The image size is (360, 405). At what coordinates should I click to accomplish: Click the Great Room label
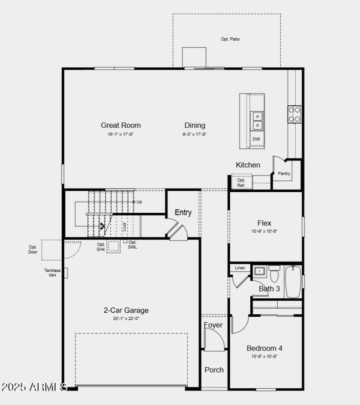(x=121, y=125)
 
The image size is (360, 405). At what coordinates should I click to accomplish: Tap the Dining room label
(x=195, y=125)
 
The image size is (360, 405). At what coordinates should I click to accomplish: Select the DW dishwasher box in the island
(x=256, y=139)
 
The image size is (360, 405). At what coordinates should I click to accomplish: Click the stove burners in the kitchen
(x=295, y=114)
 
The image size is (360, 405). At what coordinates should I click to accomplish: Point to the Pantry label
(x=284, y=173)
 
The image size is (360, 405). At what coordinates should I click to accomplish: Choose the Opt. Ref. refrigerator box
(x=241, y=182)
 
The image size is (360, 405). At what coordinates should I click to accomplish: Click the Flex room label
(x=264, y=223)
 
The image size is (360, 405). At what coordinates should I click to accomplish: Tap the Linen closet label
(x=240, y=268)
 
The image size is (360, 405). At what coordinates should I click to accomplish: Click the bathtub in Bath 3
(x=293, y=282)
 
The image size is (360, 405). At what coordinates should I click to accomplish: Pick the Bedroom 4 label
(x=265, y=348)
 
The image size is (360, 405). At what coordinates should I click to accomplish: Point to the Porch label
(x=214, y=369)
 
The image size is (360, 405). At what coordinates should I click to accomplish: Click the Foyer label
(x=213, y=325)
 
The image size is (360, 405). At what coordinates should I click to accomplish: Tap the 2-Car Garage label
(x=126, y=310)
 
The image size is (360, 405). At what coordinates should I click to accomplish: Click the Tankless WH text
(x=52, y=273)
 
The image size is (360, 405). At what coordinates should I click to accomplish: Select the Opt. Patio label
(x=230, y=39)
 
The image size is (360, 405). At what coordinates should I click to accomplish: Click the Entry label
(x=183, y=212)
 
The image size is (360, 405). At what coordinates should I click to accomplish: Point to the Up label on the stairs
(x=139, y=202)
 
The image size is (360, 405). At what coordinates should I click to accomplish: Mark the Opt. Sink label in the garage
(x=101, y=247)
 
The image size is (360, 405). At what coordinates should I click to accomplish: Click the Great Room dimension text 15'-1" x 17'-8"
(x=121, y=134)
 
